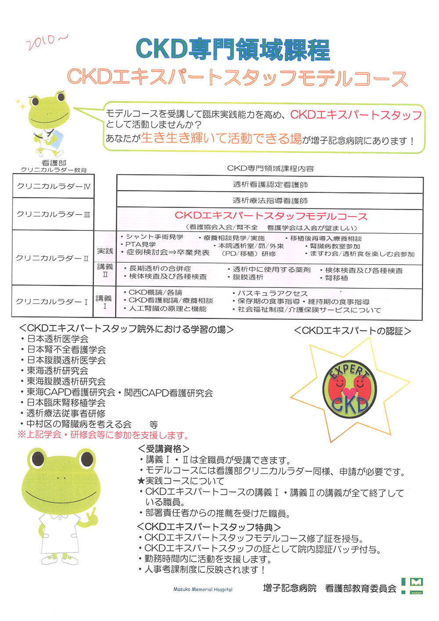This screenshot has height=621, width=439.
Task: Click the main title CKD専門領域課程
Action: tap(233, 50)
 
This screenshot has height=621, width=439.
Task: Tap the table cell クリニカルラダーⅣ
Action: tap(53, 187)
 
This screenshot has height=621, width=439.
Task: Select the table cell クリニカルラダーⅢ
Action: tap(53, 214)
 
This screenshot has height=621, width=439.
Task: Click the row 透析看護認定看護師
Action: tap(270, 184)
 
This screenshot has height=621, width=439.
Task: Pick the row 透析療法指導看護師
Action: tap(270, 201)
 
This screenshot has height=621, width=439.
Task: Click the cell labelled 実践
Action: tap(104, 251)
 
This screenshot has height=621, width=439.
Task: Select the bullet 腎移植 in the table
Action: tap(336, 278)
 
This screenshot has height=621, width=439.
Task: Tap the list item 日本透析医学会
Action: tap(57, 339)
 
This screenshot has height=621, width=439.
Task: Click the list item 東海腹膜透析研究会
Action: tap(66, 381)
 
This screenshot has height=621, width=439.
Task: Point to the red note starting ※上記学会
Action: tap(103, 435)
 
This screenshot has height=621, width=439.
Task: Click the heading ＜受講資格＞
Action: tap(164, 449)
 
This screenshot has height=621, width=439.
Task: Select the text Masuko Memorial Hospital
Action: tap(203, 589)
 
